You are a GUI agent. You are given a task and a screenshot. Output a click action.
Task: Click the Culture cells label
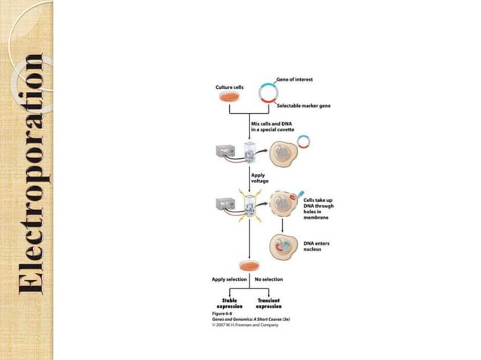(230, 87)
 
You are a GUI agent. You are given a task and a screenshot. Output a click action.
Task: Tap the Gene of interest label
(293, 78)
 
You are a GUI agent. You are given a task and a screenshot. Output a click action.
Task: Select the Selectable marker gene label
(303, 106)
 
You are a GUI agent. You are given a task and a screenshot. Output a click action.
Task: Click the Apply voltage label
(259, 176)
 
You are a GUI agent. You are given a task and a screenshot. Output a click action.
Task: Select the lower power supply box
(225, 203)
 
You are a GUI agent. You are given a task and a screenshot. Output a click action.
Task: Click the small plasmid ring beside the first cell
(304, 141)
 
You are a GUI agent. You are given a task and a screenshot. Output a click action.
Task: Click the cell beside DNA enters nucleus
(285, 247)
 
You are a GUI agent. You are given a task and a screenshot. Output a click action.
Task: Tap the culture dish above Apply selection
(248, 266)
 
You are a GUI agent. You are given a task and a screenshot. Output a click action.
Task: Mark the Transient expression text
(268, 303)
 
